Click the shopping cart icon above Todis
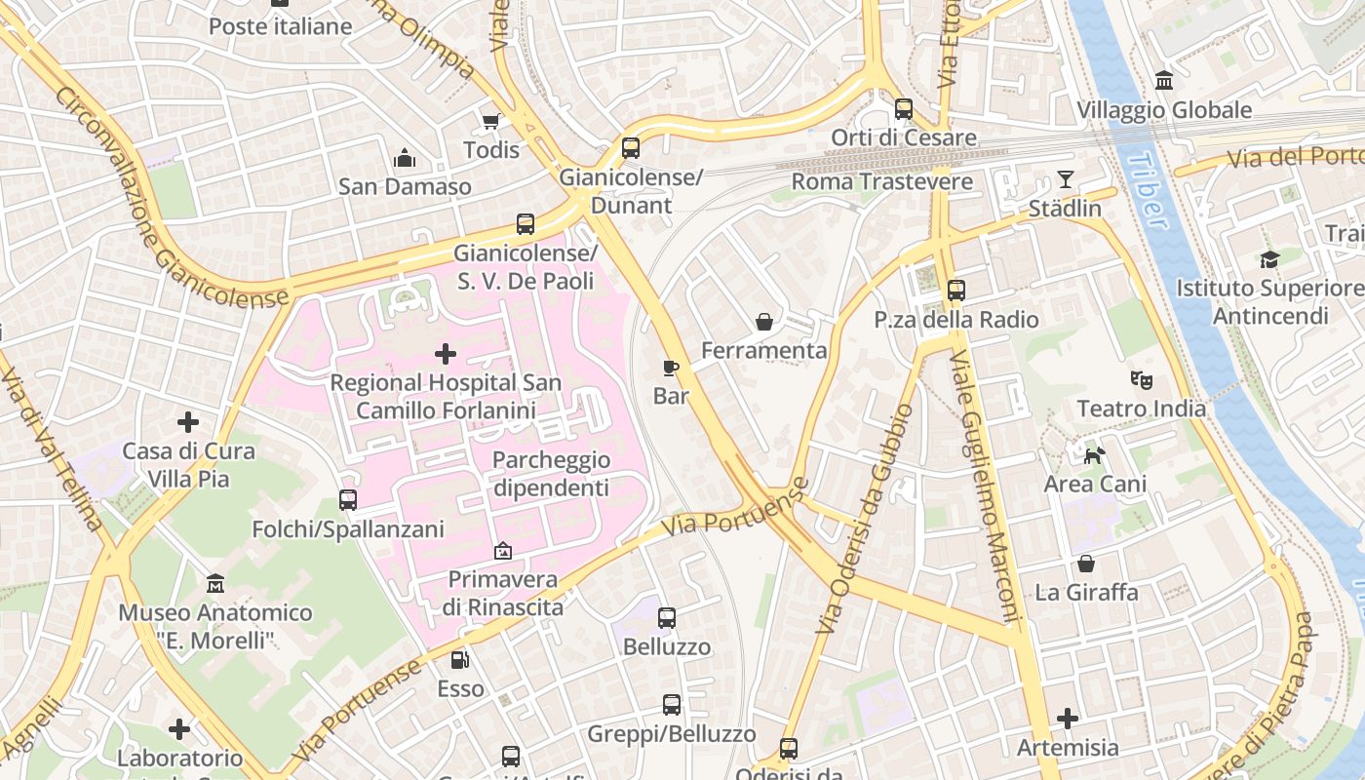coord(491,121)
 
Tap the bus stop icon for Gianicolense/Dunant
coord(631,148)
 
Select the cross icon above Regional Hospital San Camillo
coord(446,353)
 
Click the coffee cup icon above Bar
coord(671,367)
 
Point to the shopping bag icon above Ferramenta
coord(764,321)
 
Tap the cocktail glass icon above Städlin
coord(1065,179)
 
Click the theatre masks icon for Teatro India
coord(1141,379)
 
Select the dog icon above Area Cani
coord(1095,454)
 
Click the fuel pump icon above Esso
coord(460,660)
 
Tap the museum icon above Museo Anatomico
coord(215,584)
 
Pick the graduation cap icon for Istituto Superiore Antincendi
coord(1268,259)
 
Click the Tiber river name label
coord(1145,190)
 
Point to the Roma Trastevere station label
coord(881,181)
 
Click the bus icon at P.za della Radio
coord(955,291)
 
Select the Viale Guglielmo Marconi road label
coord(984,487)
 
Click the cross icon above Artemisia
coord(1068,719)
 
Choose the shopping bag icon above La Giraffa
coord(1086,564)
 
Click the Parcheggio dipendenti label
coord(551,474)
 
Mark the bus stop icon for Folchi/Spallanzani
coord(348,500)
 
